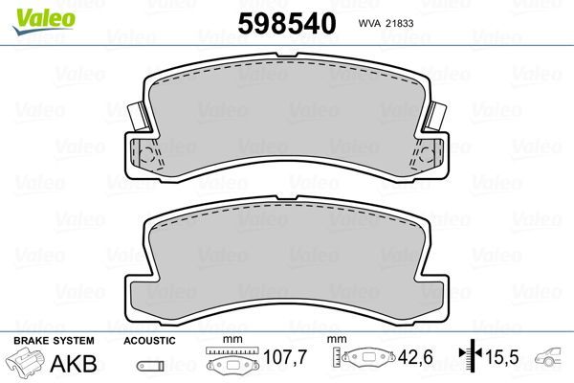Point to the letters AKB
(x=77, y=363)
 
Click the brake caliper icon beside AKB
(x=25, y=364)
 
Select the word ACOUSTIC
(x=150, y=340)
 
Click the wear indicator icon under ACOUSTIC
(x=149, y=365)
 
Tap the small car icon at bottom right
(x=552, y=360)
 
